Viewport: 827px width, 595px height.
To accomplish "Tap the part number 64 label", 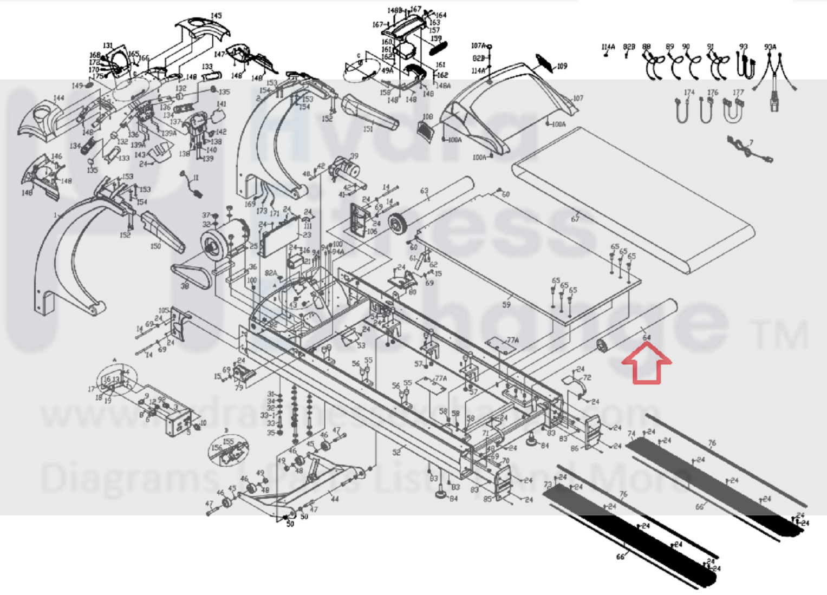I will [647, 338].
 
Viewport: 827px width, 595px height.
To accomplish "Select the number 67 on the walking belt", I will [575, 219].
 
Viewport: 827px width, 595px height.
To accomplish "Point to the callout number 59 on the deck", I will [506, 304].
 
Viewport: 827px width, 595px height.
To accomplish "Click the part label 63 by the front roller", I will [424, 191].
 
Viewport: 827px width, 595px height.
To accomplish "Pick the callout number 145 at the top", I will [216, 16].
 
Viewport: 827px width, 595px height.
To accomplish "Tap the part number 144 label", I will [58, 98].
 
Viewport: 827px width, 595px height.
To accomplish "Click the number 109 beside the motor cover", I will [562, 66].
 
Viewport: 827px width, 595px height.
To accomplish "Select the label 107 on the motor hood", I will [578, 98].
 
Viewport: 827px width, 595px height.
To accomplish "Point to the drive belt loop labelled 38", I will [190, 276].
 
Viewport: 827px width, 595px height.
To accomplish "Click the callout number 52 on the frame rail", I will [396, 453].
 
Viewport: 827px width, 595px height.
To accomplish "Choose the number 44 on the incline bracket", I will [335, 499].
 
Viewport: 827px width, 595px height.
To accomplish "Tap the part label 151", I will [368, 129].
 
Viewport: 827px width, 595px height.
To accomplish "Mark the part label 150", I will [155, 246].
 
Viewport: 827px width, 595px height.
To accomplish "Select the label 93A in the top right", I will [770, 47].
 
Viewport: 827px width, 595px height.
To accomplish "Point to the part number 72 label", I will [587, 377].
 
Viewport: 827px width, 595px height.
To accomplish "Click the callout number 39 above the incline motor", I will [354, 156].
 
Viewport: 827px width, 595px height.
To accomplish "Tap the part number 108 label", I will [428, 117].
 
